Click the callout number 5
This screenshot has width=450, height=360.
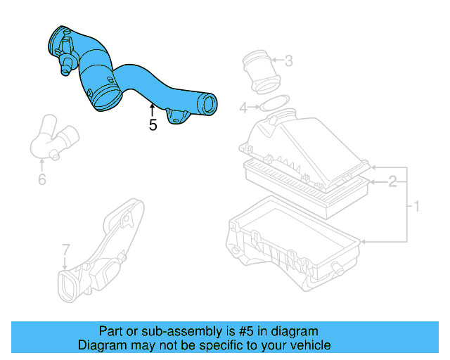(x=153, y=126)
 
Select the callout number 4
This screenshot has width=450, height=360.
(x=243, y=108)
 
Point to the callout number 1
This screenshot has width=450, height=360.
(x=416, y=207)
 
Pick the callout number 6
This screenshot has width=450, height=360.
(x=41, y=180)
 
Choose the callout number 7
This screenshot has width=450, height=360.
(x=65, y=249)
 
